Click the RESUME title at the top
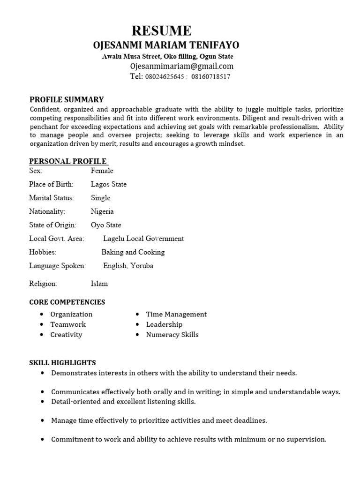[x=162, y=30]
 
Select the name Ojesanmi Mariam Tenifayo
[x=166, y=45]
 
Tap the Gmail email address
[x=181, y=66]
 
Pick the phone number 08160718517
[x=210, y=77]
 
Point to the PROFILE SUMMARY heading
[x=67, y=99]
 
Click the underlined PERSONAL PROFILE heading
[x=67, y=161]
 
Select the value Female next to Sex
[x=102, y=171]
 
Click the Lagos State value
[x=108, y=184]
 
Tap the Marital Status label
[x=52, y=198]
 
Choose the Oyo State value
[x=106, y=225]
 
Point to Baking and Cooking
[x=133, y=252]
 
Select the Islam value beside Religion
[x=99, y=284]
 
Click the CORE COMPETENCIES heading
[x=67, y=302]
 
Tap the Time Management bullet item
[x=176, y=314]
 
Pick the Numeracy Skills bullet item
[x=172, y=335]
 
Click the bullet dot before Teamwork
[x=42, y=324]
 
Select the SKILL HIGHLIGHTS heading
[x=62, y=362]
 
